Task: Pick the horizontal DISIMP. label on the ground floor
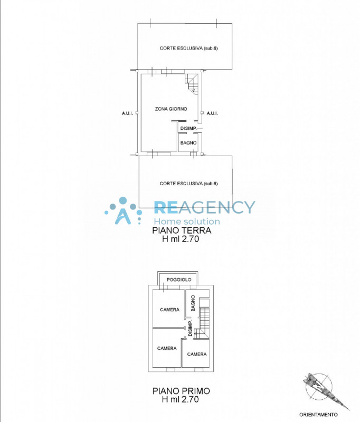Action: [188, 129]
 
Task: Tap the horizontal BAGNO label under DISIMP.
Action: [188, 142]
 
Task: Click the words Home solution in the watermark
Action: [186, 222]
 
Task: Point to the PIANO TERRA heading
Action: [182, 231]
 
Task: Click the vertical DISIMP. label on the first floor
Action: [190, 330]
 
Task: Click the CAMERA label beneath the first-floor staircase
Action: [196, 354]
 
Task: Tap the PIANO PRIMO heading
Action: [181, 391]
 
